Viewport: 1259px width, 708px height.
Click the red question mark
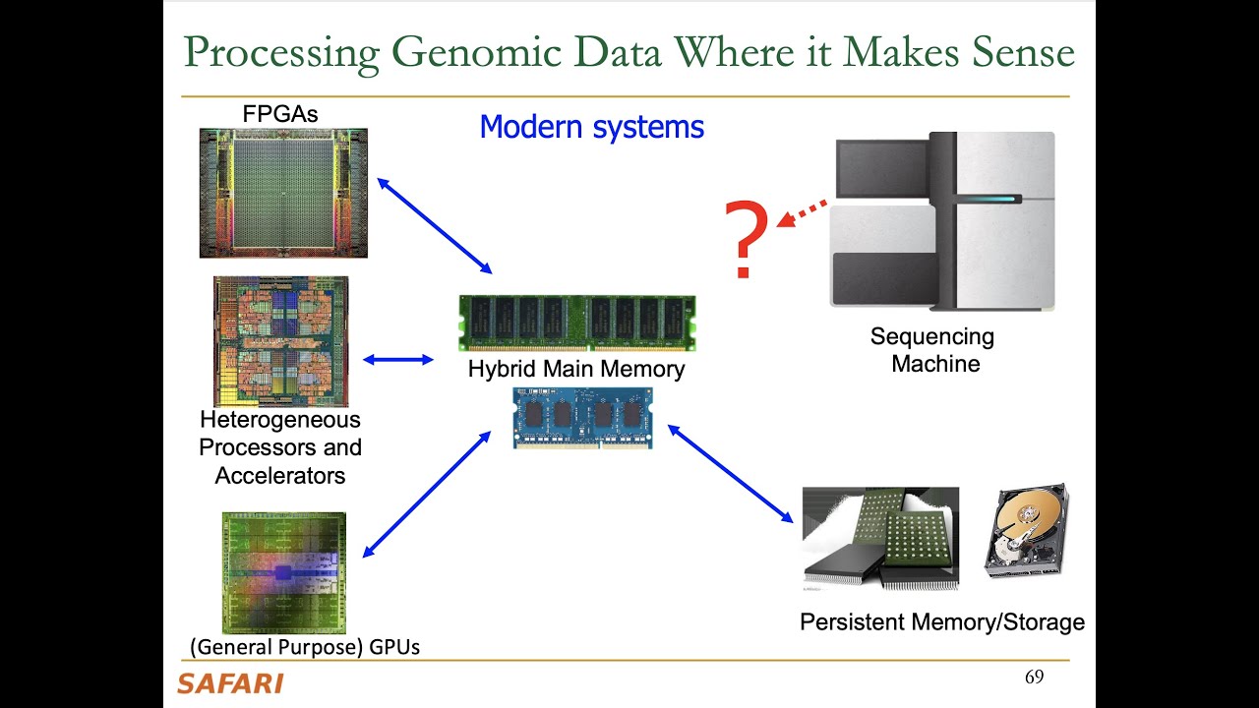click(x=747, y=239)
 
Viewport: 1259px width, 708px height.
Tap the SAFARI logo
click(x=230, y=683)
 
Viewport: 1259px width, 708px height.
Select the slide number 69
click(x=1034, y=678)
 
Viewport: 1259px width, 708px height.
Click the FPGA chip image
click(x=283, y=193)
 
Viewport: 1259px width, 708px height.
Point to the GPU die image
click(x=283, y=572)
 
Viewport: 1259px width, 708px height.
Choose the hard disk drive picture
click(x=1026, y=531)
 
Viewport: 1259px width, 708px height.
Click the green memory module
click(x=577, y=323)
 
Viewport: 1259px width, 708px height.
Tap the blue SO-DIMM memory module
click(x=582, y=418)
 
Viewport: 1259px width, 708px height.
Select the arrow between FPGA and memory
click(x=434, y=225)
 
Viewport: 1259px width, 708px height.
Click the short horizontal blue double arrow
click(x=398, y=360)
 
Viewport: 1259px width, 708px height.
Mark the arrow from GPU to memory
click(x=427, y=494)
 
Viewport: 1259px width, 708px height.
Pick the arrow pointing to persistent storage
click(x=730, y=473)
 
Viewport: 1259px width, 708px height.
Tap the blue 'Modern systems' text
click(x=591, y=127)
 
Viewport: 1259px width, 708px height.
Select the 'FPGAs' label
click(x=280, y=114)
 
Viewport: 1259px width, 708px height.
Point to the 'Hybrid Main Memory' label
click(x=576, y=370)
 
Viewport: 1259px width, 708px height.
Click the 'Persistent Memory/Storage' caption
click(x=941, y=621)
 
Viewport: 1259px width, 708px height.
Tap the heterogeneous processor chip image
click(x=280, y=341)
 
